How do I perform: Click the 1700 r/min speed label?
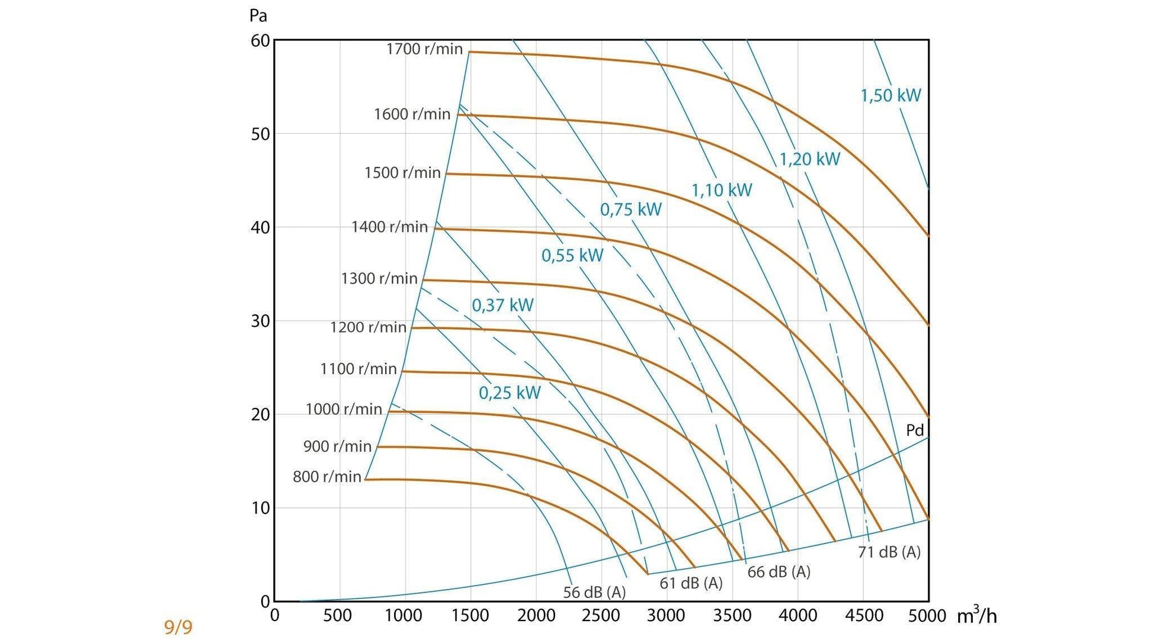424,49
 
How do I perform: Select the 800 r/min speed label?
326,477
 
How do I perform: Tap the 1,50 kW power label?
890,95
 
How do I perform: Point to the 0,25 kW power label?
509,393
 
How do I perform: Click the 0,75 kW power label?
630,210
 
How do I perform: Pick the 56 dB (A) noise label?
594,592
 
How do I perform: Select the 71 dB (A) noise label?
889,552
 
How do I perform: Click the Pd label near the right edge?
915,430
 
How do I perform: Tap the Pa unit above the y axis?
258,16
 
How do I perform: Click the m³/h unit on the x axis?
976,616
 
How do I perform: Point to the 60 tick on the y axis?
260,41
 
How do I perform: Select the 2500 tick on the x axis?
601,616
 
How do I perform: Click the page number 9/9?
178,627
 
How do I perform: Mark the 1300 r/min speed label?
379,278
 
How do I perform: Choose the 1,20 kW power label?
809,159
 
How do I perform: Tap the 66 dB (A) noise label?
778,572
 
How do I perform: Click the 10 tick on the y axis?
260,508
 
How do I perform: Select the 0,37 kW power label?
502,306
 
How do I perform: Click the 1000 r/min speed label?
344,409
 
